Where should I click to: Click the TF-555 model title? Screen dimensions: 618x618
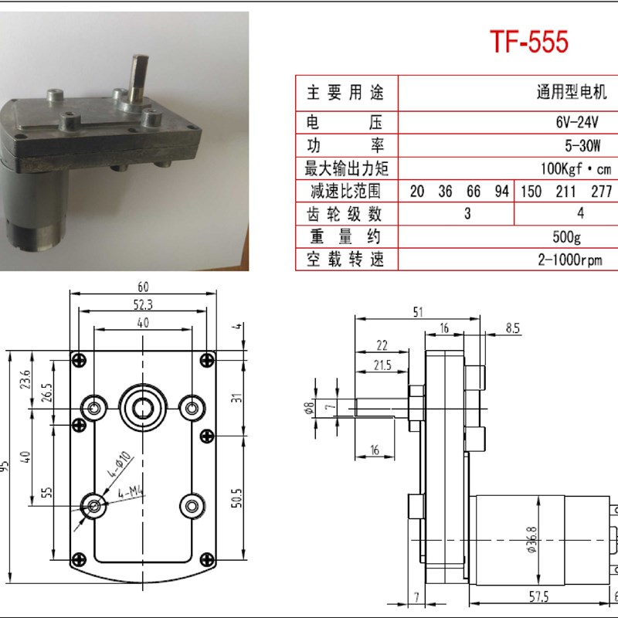(x=529, y=42)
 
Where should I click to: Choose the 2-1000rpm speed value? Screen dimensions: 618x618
(x=570, y=260)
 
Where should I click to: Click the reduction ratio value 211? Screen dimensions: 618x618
(x=566, y=192)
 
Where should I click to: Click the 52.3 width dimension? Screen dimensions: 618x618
(x=142, y=305)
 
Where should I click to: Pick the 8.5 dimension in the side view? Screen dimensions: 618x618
(x=513, y=328)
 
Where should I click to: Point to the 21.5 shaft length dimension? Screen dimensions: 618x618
(x=382, y=365)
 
